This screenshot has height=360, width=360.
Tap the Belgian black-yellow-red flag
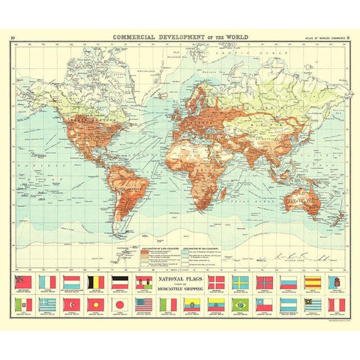click(x=96, y=282)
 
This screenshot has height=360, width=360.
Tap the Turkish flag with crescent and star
click(x=72, y=304)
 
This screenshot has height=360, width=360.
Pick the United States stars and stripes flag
click(x=144, y=304)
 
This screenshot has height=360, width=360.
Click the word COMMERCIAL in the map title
click(x=136, y=35)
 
